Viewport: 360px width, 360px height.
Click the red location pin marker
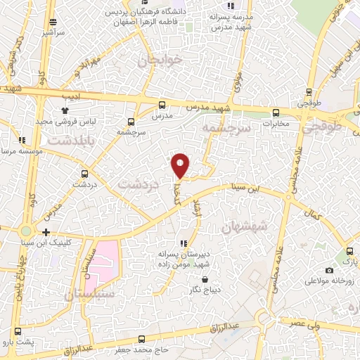click(x=181, y=165)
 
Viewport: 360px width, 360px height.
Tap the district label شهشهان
click(x=244, y=227)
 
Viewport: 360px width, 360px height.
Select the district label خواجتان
click(x=161, y=60)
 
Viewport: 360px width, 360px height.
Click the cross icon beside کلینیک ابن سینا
click(x=46, y=232)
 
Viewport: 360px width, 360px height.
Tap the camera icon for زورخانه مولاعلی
click(x=330, y=270)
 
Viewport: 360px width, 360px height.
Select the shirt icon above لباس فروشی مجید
click(x=65, y=110)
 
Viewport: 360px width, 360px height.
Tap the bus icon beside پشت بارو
click(x=18, y=331)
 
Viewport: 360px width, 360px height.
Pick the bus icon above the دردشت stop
click(x=84, y=173)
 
